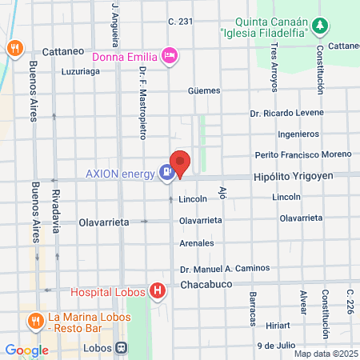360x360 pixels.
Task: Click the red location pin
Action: pos(180,163)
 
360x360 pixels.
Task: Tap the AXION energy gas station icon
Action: pos(166,170)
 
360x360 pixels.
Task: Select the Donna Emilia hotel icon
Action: pos(170,55)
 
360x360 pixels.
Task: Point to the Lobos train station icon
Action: pos(122,349)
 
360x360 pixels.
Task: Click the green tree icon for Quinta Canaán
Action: pos(320,26)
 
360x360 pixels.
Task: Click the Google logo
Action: pos(26,350)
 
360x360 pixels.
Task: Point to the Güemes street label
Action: pos(203,90)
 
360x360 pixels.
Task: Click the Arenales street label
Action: pos(196,242)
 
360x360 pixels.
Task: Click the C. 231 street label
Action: pos(181,22)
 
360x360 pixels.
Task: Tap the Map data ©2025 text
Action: pos(325,354)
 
